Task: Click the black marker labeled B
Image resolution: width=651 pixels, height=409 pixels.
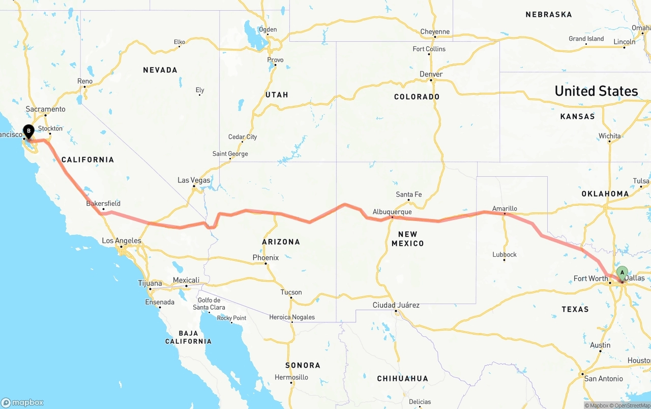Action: click(x=28, y=131)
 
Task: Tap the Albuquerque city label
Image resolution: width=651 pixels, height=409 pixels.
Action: click(x=392, y=211)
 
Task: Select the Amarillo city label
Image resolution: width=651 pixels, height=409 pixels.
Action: click(x=505, y=208)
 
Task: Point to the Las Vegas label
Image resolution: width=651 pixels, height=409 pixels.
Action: click(x=194, y=180)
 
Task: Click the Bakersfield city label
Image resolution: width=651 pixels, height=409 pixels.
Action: click(x=103, y=203)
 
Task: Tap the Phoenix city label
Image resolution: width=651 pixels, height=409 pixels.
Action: click(x=265, y=258)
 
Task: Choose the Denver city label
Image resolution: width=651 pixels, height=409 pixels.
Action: click(x=431, y=74)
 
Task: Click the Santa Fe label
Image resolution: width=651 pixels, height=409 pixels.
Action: click(x=409, y=194)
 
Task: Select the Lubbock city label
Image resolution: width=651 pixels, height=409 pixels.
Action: click(x=505, y=254)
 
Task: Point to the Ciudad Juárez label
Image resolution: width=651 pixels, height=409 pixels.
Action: click(x=396, y=305)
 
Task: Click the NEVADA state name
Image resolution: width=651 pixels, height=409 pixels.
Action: click(x=160, y=70)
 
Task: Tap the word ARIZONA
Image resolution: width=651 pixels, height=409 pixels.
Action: click(x=281, y=242)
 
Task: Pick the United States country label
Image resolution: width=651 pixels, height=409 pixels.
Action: click(x=596, y=91)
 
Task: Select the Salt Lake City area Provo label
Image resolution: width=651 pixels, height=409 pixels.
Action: click(x=275, y=60)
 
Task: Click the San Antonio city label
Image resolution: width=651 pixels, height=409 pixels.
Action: click(x=604, y=378)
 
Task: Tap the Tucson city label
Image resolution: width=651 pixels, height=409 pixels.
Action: click(x=291, y=292)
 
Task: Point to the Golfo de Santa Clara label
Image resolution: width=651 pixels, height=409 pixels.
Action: click(x=209, y=304)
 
